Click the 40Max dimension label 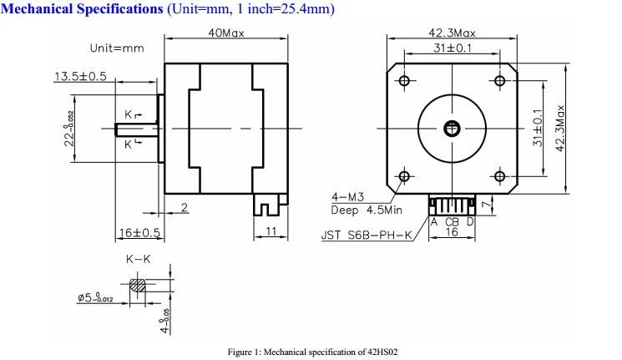(x=226, y=33)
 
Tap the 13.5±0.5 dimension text (x=80, y=76)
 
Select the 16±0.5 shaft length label (x=139, y=232)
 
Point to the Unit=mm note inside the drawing (x=117, y=48)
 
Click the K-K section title (x=139, y=259)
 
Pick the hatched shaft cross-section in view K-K (x=138, y=285)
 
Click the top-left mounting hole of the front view (x=404, y=81)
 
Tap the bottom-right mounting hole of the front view (x=500, y=176)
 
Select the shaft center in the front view (x=452, y=129)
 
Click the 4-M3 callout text (x=348, y=197)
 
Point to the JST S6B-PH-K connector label (x=367, y=236)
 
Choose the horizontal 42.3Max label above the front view (x=452, y=33)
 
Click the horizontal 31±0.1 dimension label (x=453, y=48)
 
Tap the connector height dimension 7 (x=486, y=205)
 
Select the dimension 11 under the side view (x=271, y=231)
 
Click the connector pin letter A (x=434, y=222)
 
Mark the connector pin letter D (x=470, y=222)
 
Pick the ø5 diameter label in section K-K (x=96, y=297)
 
